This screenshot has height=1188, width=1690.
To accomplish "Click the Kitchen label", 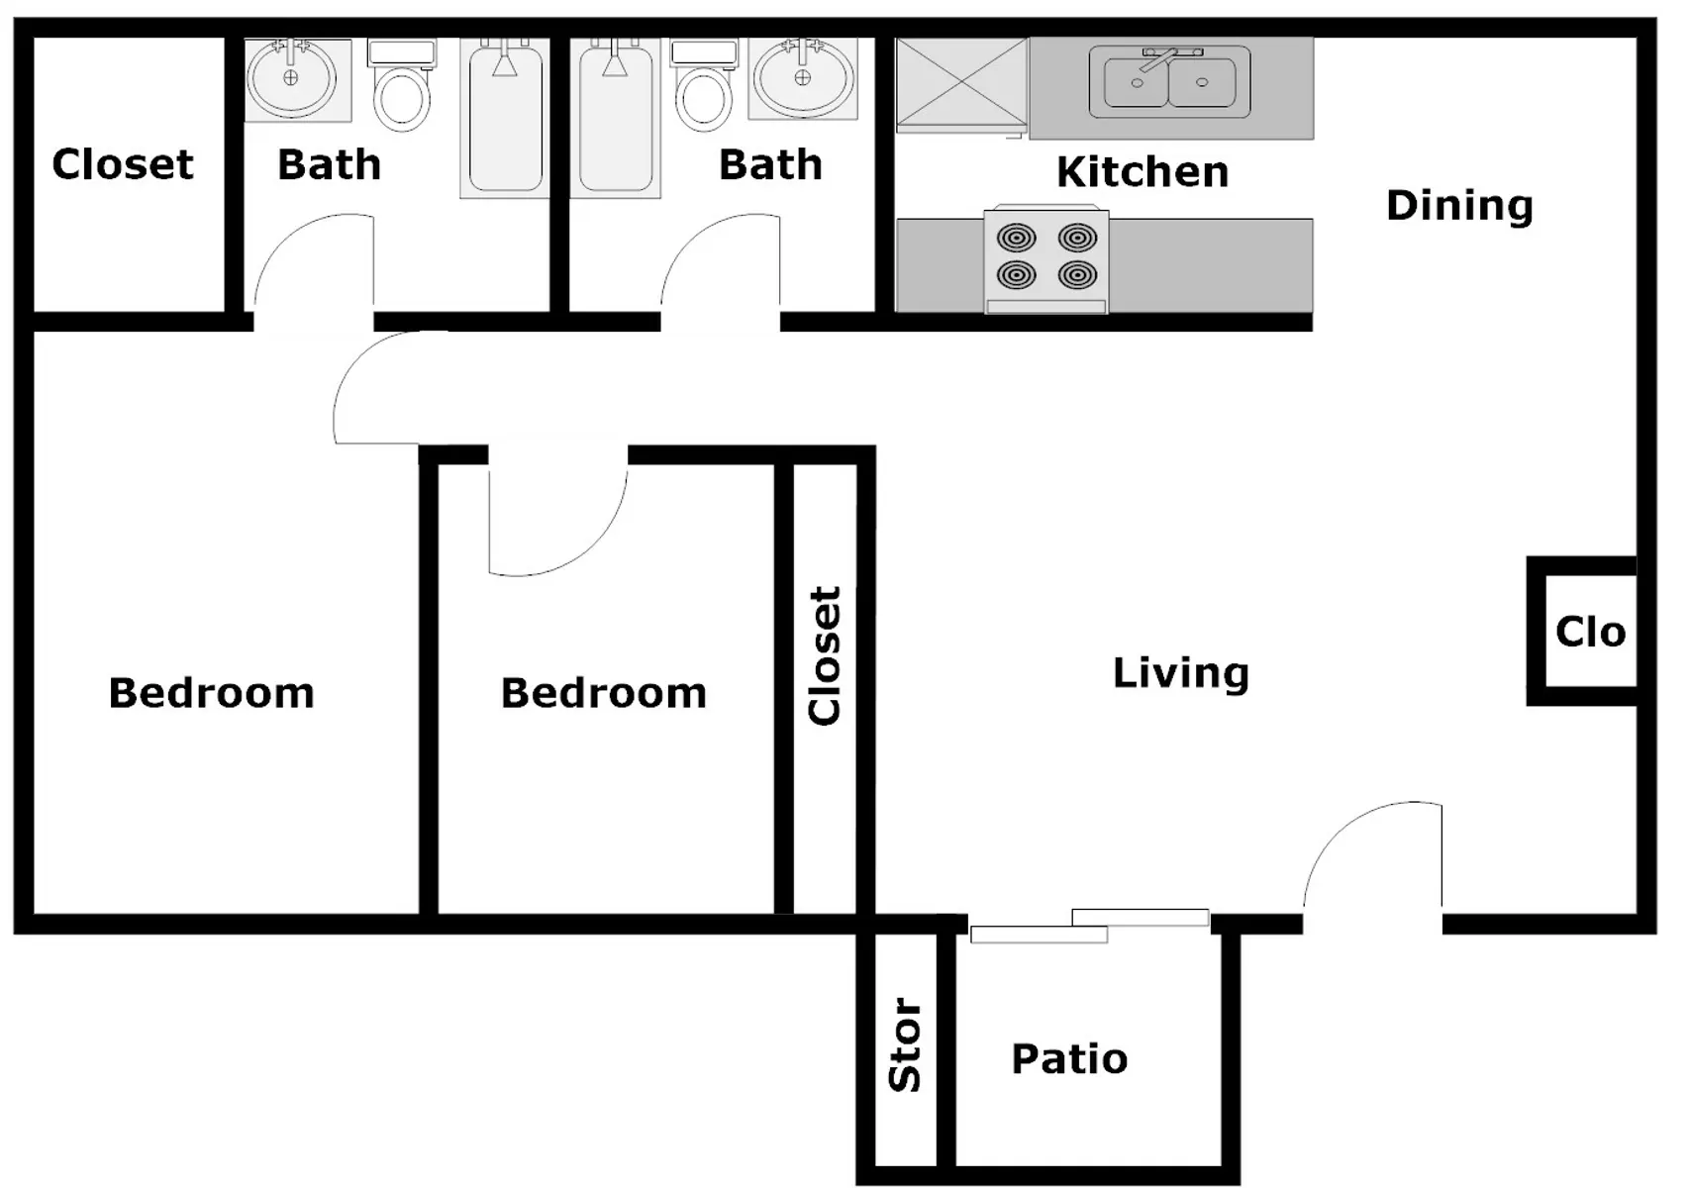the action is (1142, 172).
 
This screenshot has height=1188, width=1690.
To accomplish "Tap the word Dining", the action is (1459, 206).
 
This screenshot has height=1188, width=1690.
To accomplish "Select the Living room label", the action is (1181, 673).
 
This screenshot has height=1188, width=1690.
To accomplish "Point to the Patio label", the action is (1069, 1058).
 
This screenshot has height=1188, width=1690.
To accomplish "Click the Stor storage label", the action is (905, 1044).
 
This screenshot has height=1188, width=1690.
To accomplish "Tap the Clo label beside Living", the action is (1590, 632).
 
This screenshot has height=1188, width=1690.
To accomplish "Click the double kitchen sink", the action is (1169, 82).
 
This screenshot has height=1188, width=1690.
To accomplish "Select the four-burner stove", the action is (1045, 258).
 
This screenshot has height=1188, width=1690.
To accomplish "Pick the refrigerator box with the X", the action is (961, 84).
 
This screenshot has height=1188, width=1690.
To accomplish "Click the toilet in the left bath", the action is (401, 85).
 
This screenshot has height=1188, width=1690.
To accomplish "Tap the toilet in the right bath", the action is (703, 85).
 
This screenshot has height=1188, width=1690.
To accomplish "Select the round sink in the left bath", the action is (292, 78).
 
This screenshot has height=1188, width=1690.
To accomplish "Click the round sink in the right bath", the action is (803, 78).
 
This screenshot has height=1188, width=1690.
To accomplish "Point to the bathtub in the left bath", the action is (505, 119).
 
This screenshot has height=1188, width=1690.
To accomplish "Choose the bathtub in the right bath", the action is (615, 119).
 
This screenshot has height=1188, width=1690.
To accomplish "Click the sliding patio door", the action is (1089, 926).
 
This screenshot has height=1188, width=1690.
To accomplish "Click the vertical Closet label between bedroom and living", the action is (824, 656).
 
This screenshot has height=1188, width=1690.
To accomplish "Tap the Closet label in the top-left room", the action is (122, 163).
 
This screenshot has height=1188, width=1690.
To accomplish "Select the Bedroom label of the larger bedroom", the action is (211, 693).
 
